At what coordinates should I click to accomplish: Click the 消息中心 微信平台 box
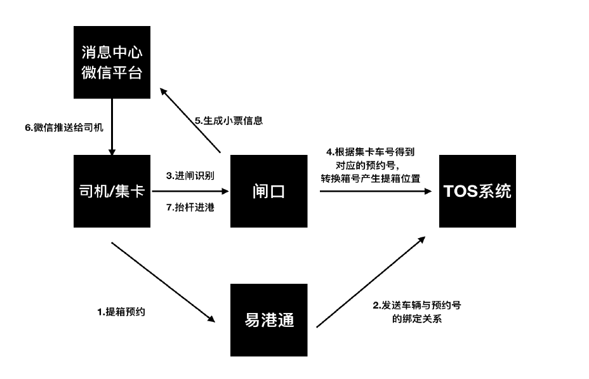point(112,62)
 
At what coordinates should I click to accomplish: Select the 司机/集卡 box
point(112,191)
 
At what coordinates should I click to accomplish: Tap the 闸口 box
point(269,191)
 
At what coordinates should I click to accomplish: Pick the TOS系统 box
point(477,191)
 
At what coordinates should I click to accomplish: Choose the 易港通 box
point(269,320)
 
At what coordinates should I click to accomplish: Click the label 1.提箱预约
point(121,312)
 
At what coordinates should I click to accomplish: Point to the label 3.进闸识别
point(190,175)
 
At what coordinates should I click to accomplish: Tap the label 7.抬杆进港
point(190,207)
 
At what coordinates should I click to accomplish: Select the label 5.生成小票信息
point(228,121)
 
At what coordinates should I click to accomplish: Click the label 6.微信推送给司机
point(64,128)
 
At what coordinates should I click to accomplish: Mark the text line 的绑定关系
point(417,319)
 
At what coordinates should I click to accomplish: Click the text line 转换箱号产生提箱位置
point(371,178)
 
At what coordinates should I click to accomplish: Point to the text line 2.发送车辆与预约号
point(417,305)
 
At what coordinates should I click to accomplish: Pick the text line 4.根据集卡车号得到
point(371,152)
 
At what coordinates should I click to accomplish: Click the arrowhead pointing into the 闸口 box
point(225,191)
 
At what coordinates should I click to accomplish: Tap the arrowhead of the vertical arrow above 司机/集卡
point(112,152)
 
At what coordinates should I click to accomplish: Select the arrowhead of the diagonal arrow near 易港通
point(211,319)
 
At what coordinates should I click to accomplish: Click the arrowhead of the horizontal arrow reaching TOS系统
point(428,191)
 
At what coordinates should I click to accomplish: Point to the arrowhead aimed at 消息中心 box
point(163,91)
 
